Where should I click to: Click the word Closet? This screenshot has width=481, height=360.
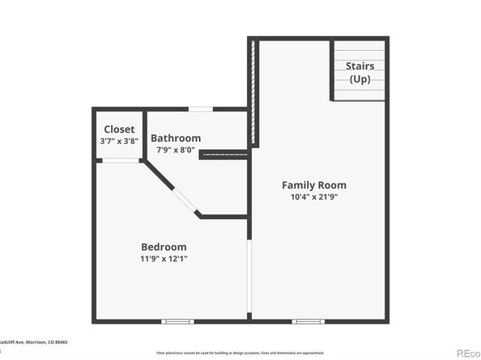pos(119,129)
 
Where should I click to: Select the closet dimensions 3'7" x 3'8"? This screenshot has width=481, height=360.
pos(119,142)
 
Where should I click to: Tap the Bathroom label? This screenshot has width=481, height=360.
pos(176,138)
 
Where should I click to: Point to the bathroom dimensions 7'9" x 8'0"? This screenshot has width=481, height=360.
pos(176,150)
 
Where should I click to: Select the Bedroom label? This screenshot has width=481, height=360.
pos(164,247)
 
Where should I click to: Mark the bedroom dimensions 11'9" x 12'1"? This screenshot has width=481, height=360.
pos(164,259)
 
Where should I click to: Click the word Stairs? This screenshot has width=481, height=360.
pos(360,66)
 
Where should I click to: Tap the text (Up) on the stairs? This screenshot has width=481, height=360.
pos(360,79)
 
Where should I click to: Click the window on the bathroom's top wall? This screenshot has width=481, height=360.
pos(201,108)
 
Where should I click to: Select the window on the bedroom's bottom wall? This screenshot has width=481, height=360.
pos(177,321)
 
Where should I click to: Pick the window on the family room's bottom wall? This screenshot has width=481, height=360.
pos(308,321)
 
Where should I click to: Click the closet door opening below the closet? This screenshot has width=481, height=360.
pos(120,160)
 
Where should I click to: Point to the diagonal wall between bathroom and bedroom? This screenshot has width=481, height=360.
pos(172,189)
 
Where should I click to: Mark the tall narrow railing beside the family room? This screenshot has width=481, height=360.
pos(254,93)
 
